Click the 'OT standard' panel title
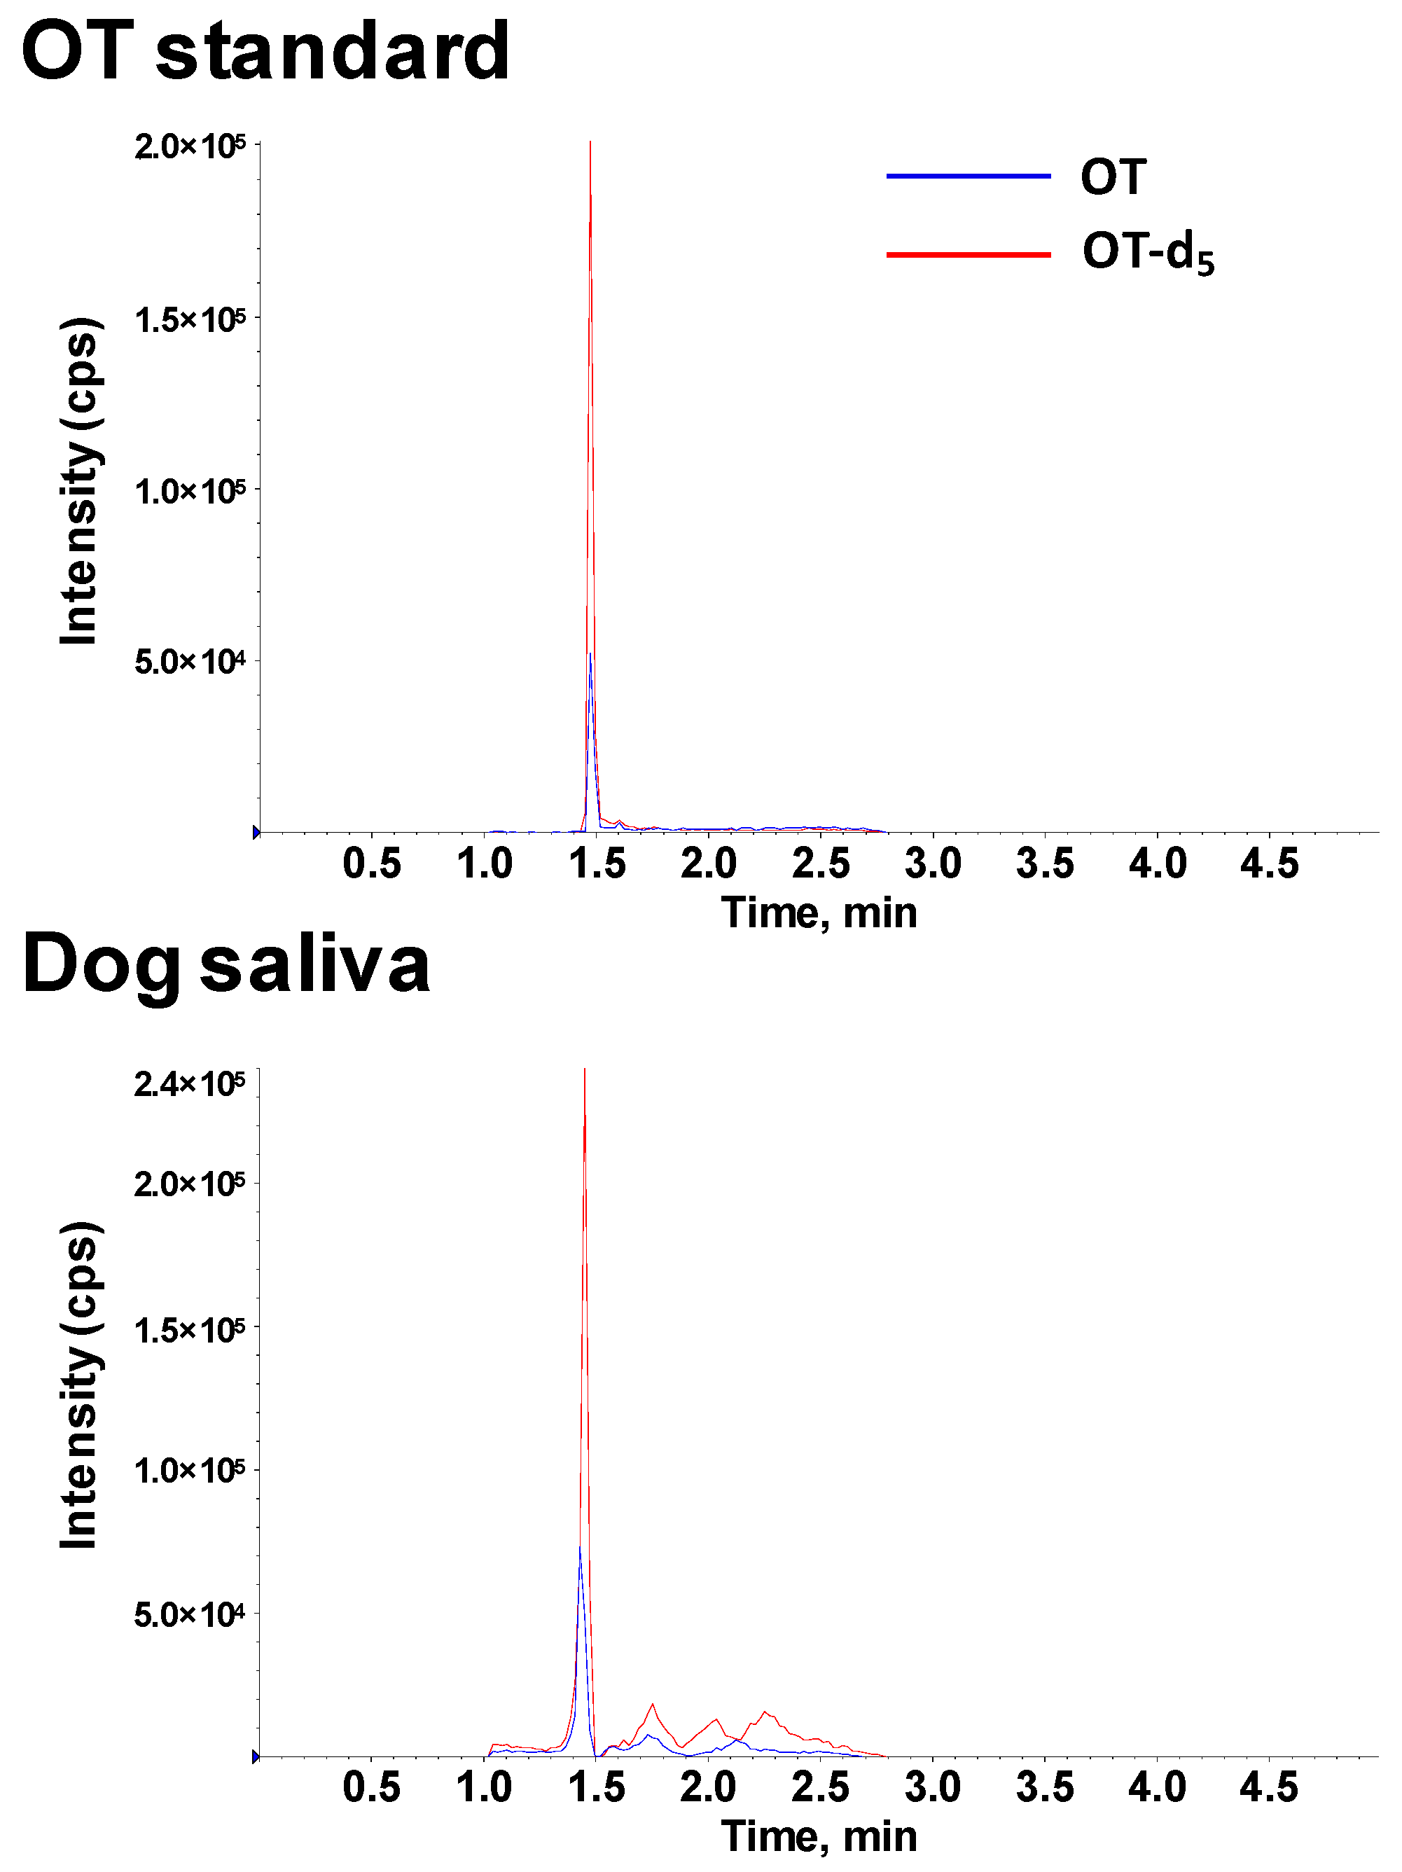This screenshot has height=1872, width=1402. (x=265, y=53)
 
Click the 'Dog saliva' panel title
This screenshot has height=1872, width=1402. (x=226, y=966)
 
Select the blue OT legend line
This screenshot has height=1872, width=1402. (x=968, y=176)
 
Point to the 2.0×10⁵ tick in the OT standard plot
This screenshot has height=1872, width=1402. (x=190, y=146)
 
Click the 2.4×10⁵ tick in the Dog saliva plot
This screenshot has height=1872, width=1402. (x=190, y=1084)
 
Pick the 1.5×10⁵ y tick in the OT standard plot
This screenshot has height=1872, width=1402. (x=190, y=320)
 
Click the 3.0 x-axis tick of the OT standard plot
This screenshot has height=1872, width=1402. (x=933, y=864)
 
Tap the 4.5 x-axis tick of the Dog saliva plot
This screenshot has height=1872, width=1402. (x=1269, y=1787)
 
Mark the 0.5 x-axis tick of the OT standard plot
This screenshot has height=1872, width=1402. (x=371, y=864)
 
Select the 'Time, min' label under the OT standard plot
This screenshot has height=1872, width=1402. (x=819, y=913)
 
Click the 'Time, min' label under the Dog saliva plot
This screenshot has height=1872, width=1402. (x=819, y=1836)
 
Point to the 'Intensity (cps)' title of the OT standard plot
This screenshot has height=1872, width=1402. (x=80, y=480)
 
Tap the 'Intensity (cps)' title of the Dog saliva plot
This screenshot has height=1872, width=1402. (x=80, y=1385)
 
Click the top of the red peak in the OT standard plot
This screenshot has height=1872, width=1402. (x=590, y=142)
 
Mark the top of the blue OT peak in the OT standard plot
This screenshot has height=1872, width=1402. (x=590, y=654)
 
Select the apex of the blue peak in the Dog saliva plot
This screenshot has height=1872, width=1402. (x=580, y=1548)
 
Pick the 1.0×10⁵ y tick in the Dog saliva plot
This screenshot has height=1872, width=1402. (x=190, y=1471)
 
